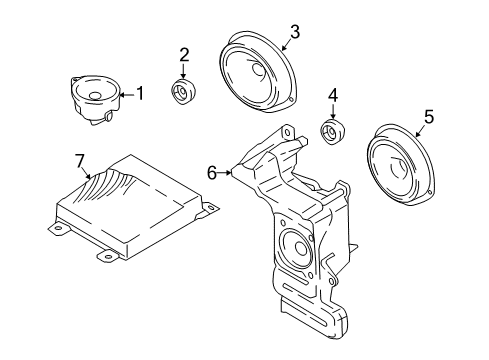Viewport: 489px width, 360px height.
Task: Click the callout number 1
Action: pos(140,94)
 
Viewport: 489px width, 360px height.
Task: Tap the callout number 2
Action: pos(184,54)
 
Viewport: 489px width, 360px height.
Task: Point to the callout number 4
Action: pos(332,98)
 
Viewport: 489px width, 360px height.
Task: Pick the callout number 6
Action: pos(211,172)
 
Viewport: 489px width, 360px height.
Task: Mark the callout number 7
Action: pos(80,161)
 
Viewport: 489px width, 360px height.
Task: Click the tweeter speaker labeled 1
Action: pos(96,99)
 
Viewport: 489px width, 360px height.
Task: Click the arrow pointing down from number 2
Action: pos(184,71)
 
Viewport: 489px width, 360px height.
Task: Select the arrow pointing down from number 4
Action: pos(332,113)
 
